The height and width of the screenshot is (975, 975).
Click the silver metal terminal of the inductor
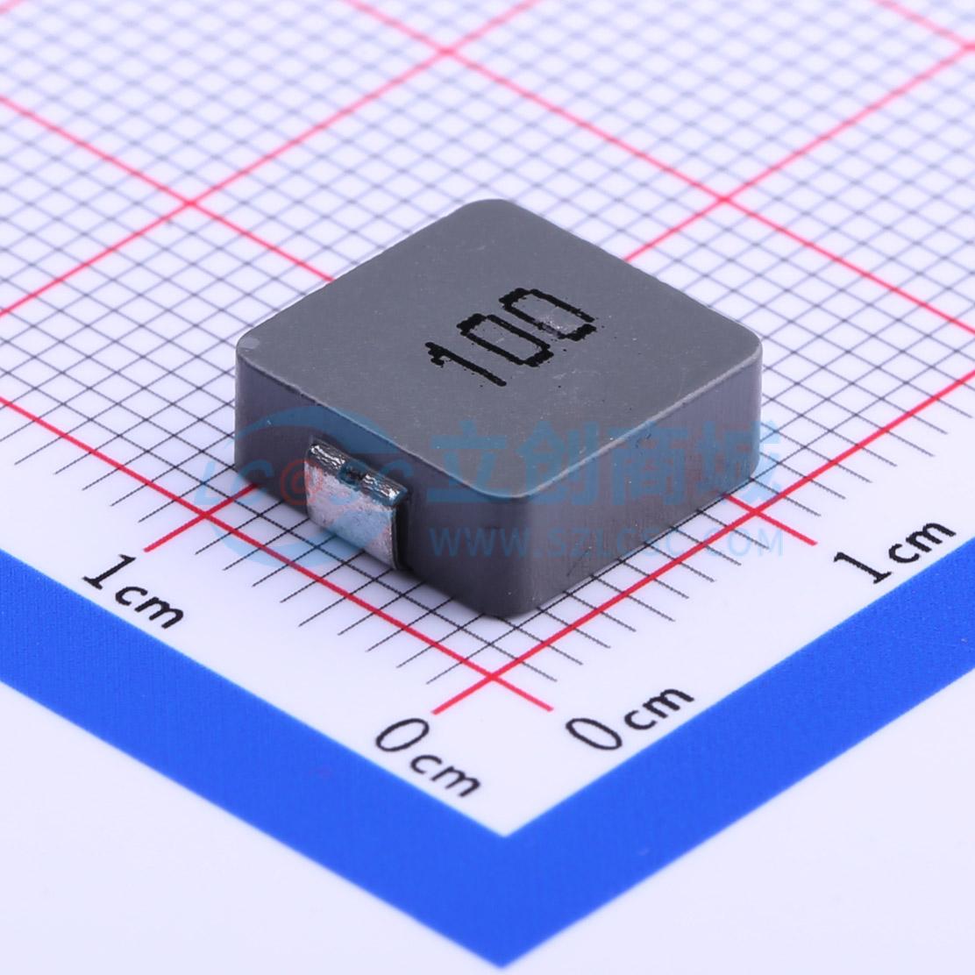[356, 497]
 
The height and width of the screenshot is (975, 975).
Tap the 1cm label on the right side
[892, 550]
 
